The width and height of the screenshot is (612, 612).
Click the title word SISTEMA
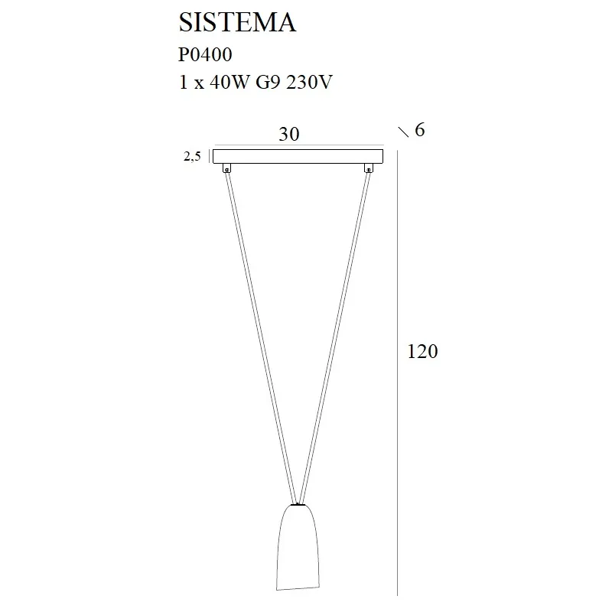click(x=237, y=23)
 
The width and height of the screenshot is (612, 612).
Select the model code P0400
click(x=205, y=55)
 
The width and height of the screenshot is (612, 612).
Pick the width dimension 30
click(x=288, y=134)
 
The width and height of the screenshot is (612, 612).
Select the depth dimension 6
click(x=418, y=130)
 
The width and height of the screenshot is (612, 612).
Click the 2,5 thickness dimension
click(x=191, y=157)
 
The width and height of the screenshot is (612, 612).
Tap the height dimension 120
click(x=423, y=352)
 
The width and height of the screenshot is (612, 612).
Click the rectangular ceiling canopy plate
click(x=298, y=156)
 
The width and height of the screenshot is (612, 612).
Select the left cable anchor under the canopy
click(x=226, y=168)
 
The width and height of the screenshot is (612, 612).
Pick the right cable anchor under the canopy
click(x=369, y=168)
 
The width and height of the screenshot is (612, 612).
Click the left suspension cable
click(x=260, y=337)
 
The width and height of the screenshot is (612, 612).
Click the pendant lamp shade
click(x=297, y=547)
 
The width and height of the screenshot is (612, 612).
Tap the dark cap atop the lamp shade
click(x=298, y=504)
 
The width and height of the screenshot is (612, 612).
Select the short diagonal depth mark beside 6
click(x=404, y=132)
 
